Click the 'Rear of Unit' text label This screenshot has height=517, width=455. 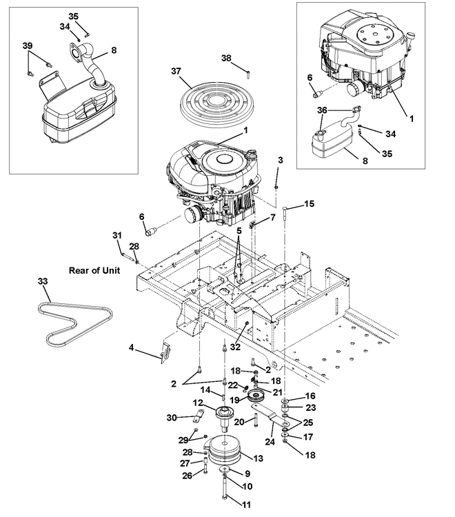pos(94,270)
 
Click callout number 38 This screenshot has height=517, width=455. pos(226,58)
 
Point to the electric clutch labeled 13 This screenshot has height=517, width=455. pos(225,450)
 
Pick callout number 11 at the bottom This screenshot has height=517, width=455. pos(246,505)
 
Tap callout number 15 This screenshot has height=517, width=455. pos(309,204)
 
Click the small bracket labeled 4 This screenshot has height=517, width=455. pos(165,353)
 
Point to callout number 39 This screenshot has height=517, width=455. pos(28,45)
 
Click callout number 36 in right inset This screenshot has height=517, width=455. pos(322,110)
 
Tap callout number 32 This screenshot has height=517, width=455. pos(235,347)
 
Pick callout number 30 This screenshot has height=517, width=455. pos(172,418)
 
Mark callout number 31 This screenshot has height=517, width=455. pos(117,236)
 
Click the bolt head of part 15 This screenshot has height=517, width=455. pos(285,208)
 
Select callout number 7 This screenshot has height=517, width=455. pos(273,218)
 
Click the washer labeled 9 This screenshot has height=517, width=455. pos(225,469)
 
